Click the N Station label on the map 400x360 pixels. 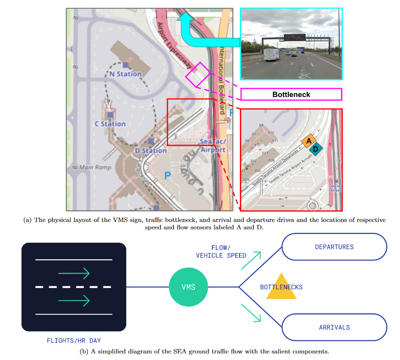point(125,74)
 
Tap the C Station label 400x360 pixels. point(110,124)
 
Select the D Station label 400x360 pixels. point(151,151)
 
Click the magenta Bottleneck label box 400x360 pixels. point(291,94)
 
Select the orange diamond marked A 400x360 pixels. point(309,141)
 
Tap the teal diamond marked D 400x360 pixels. point(316,149)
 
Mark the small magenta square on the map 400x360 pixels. point(197,75)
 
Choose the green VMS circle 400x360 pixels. point(188,287)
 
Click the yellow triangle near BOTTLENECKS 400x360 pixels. point(281,287)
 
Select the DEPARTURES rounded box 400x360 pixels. point(334,247)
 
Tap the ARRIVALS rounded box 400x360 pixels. point(334,327)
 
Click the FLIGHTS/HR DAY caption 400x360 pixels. point(74,340)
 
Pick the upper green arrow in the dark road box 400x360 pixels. point(74,273)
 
